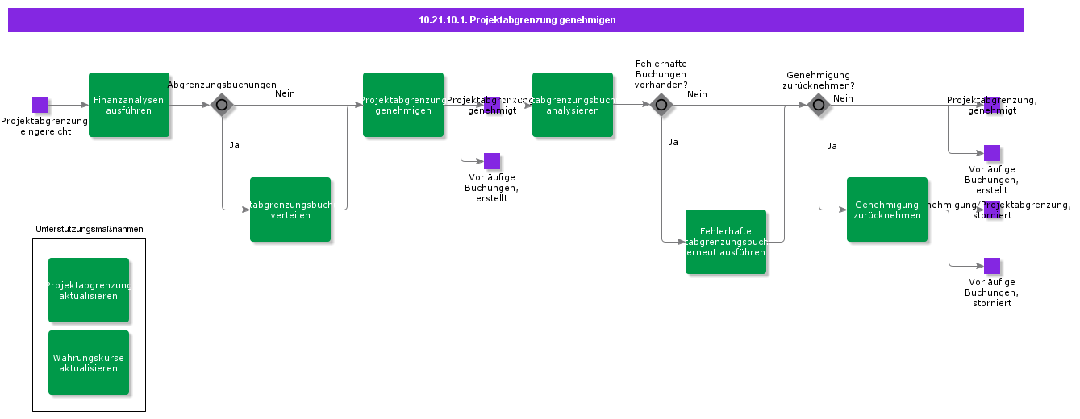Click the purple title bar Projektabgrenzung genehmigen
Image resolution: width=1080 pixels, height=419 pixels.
(516, 20)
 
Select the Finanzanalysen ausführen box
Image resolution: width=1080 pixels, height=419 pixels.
(129, 105)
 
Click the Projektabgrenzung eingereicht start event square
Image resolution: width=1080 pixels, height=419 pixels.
(40, 105)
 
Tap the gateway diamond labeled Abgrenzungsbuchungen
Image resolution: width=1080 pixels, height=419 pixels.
(222, 105)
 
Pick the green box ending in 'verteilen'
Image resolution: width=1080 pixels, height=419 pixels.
(290, 209)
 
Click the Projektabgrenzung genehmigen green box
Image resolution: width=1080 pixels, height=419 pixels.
(403, 105)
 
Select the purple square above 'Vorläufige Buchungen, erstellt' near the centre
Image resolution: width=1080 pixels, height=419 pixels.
(492, 161)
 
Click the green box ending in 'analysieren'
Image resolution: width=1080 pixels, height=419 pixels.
(573, 105)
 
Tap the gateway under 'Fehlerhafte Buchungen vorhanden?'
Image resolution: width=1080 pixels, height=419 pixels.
(661, 105)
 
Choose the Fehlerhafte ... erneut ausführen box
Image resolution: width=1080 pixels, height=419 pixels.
(726, 242)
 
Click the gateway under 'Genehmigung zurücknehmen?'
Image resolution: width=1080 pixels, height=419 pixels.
(819, 105)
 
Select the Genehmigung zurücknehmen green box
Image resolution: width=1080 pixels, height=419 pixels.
(887, 209)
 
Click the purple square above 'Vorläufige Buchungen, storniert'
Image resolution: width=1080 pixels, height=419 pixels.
(992, 266)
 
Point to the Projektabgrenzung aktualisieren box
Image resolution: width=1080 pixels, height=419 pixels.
(89, 290)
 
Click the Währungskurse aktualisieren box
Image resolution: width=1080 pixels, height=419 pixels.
(89, 363)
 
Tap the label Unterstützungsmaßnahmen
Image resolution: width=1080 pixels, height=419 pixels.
(90, 229)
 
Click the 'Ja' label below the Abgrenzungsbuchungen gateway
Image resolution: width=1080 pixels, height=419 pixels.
(235, 146)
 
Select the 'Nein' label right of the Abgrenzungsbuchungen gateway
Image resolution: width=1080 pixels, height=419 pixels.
(285, 93)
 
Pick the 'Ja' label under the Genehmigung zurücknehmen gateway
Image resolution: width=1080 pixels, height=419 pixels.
(832, 146)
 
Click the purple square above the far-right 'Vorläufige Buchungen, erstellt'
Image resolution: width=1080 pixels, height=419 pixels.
(992, 153)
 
